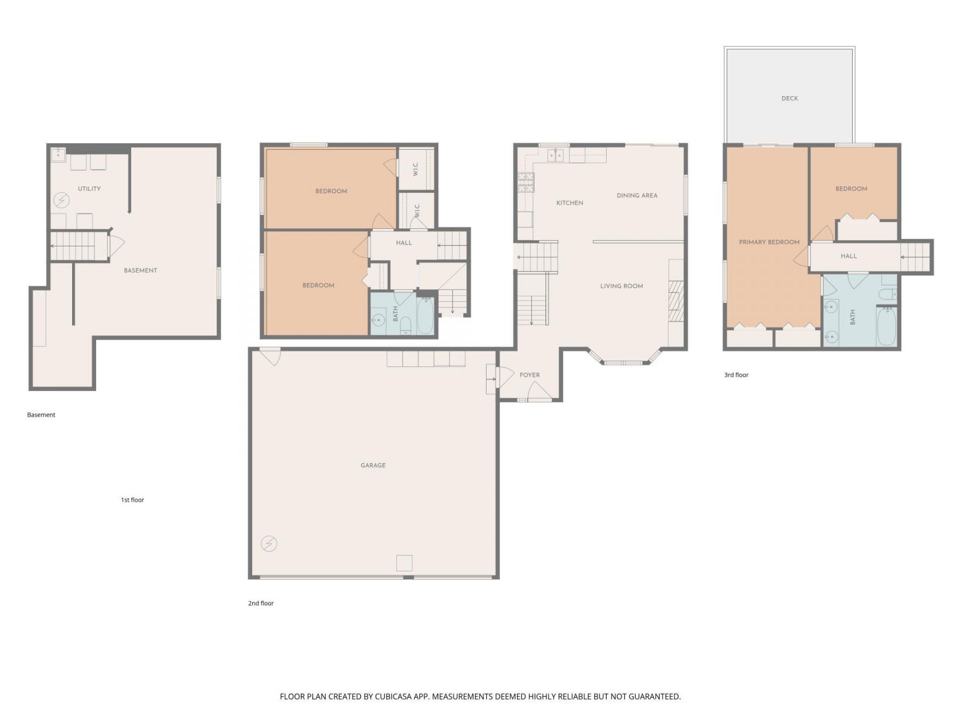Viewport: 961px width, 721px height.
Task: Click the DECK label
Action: click(x=789, y=99)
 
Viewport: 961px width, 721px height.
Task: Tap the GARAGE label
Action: click(x=373, y=466)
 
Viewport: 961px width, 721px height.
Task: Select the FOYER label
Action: click(x=530, y=375)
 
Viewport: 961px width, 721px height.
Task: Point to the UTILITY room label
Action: click(x=89, y=189)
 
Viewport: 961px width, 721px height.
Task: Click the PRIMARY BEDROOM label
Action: click(x=769, y=242)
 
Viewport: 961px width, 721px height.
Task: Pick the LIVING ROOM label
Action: click(x=622, y=286)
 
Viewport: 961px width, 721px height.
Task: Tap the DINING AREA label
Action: click(x=637, y=196)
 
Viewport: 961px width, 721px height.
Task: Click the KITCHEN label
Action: click(x=570, y=203)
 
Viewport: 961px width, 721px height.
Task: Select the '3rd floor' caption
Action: click(x=736, y=375)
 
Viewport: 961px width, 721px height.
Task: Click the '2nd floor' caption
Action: click(x=261, y=603)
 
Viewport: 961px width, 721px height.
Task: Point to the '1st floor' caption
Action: click(x=132, y=500)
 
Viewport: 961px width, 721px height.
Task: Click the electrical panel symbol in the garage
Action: click(x=269, y=544)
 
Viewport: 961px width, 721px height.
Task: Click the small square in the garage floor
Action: click(x=404, y=563)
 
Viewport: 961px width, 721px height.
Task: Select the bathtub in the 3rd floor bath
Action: click(x=886, y=326)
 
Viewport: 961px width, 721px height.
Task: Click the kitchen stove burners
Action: click(x=526, y=183)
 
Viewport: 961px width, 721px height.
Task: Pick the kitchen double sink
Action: click(x=556, y=156)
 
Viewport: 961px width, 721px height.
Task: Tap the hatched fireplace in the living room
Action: click(x=676, y=301)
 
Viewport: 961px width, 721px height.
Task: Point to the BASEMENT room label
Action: click(x=141, y=271)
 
